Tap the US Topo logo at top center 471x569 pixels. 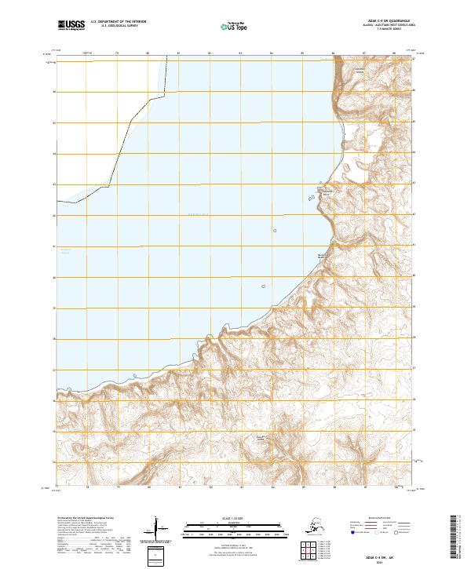235,26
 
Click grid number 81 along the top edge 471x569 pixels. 179,54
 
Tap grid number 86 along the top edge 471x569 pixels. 334,54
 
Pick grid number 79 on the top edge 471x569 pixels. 117,54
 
